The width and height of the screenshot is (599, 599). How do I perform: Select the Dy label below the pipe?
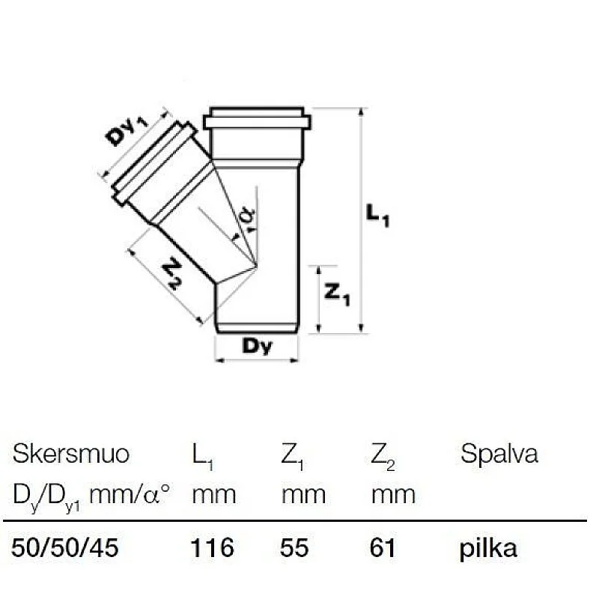pyautogui.click(x=257, y=347)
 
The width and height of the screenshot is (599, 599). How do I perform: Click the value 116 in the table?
pyautogui.click(x=213, y=548)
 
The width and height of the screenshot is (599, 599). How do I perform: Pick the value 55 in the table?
pyautogui.click(x=295, y=548)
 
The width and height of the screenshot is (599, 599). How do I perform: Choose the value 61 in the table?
pyautogui.click(x=383, y=548)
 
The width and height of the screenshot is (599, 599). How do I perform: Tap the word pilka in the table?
pyautogui.click(x=488, y=548)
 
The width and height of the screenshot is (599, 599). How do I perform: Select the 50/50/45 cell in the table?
pyautogui.click(x=65, y=548)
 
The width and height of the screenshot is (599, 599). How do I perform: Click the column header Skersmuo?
pyautogui.click(x=71, y=454)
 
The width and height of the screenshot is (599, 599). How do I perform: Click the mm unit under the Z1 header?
pyautogui.click(x=303, y=494)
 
